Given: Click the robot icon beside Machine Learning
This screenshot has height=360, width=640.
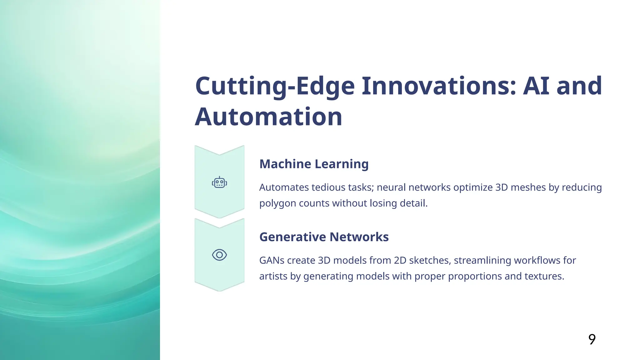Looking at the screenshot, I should click(219, 182).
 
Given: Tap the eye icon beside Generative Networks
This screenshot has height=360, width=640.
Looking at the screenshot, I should click(219, 255).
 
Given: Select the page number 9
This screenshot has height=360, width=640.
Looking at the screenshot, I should click(592, 339).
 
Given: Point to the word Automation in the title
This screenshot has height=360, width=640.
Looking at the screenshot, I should click(268, 117).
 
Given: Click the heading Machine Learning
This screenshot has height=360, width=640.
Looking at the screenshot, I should click(314, 164).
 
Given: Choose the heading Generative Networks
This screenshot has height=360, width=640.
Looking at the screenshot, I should click(324, 237).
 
